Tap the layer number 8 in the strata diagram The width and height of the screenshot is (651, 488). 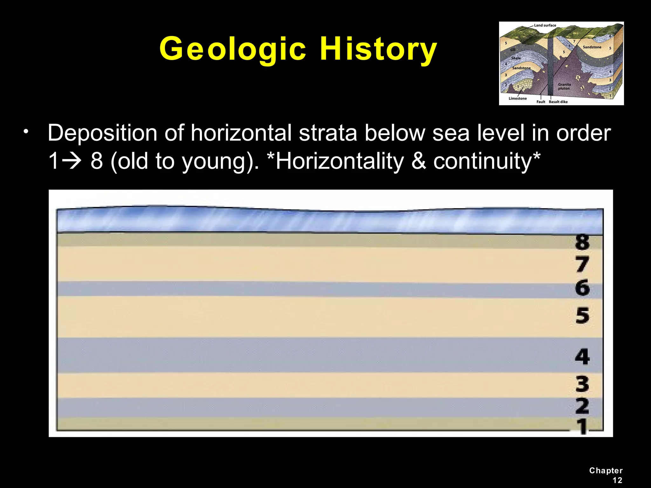[x=582, y=242]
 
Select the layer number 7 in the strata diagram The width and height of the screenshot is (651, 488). [x=582, y=264]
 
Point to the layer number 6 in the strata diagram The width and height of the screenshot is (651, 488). [x=582, y=288]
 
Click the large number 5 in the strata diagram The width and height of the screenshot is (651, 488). [x=582, y=316]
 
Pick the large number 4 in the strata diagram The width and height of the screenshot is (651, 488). [x=582, y=356]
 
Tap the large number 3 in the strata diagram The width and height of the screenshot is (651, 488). [x=582, y=384]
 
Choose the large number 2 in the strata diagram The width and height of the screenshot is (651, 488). [x=582, y=406]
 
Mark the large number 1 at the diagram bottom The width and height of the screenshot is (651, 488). [x=582, y=426]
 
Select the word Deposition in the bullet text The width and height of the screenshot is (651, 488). [x=102, y=133]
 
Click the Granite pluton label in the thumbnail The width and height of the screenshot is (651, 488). [x=564, y=86]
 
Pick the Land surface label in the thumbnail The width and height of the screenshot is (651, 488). [x=545, y=25]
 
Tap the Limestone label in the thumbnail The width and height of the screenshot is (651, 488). [x=517, y=98]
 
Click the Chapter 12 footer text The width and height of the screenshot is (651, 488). [x=606, y=475]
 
